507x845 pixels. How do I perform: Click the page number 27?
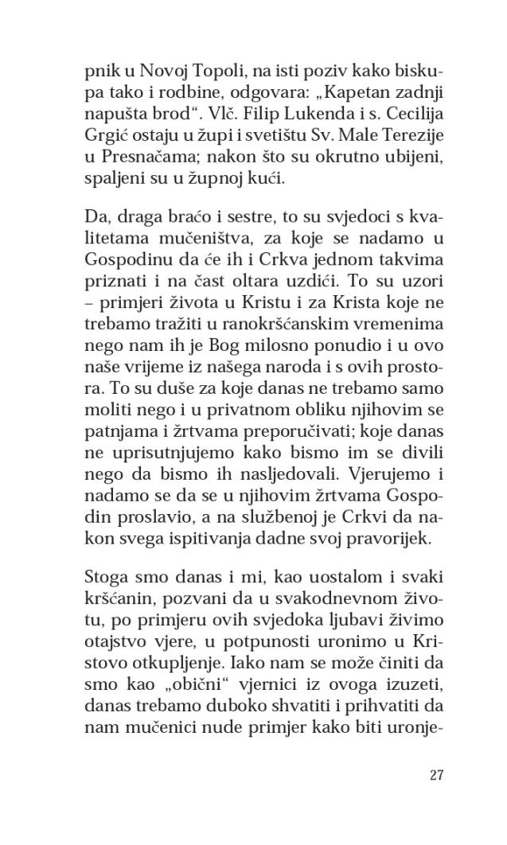[x=435, y=775]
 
